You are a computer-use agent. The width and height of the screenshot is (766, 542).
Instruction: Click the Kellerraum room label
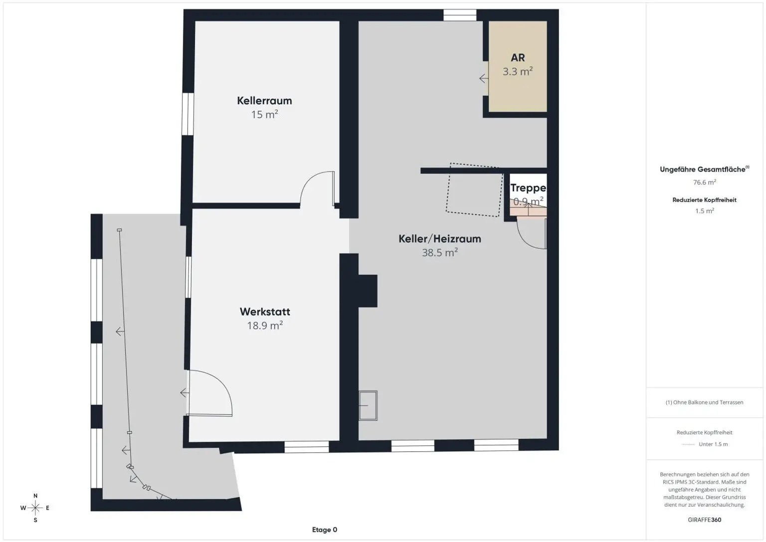tap(264, 101)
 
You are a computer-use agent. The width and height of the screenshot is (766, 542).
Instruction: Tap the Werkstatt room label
tap(265, 312)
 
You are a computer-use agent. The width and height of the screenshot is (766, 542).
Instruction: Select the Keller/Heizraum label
tap(440, 239)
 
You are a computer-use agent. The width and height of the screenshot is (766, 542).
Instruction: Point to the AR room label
tap(518, 58)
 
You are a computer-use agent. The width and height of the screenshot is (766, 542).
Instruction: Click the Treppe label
tap(528, 188)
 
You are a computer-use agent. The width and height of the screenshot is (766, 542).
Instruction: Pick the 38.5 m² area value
tap(440, 252)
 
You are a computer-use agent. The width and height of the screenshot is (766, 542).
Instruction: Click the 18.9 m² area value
tap(265, 325)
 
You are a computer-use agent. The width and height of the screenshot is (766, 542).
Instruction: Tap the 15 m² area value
tap(264, 114)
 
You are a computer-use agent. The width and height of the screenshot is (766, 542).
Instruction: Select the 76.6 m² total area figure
tap(705, 182)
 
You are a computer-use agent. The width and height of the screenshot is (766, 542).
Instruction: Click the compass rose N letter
tap(35, 496)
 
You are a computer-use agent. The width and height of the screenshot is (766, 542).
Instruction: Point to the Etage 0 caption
tap(325, 530)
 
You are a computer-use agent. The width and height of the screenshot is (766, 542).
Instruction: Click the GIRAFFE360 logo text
tap(705, 520)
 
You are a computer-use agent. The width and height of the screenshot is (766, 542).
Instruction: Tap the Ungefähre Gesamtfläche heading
tap(704, 169)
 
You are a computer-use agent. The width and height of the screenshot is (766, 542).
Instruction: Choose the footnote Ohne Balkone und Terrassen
tap(705, 402)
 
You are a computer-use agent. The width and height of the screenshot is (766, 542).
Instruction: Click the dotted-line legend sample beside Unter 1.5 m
tap(688, 445)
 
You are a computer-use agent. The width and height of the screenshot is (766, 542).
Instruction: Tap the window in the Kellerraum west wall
tap(188, 114)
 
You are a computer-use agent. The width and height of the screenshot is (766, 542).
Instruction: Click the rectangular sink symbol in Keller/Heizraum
tap(368, 405)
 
